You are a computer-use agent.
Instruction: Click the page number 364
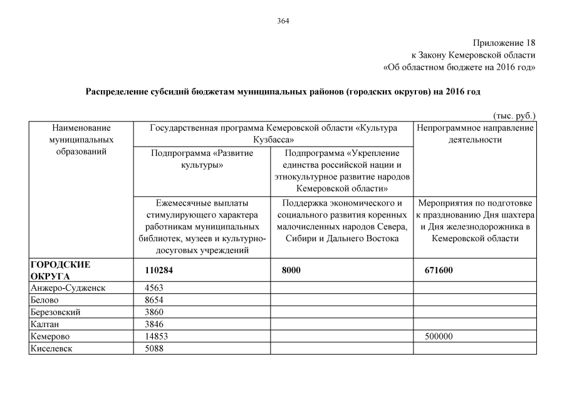(283, 21)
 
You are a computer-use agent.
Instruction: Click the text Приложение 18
(504, 43)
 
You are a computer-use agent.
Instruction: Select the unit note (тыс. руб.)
(514, 115)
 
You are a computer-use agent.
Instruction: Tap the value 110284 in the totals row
(159, 270)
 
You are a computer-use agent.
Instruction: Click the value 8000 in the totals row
(291, 270)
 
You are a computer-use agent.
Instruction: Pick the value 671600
(439, 270)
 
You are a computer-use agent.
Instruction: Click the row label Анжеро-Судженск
(67, 288)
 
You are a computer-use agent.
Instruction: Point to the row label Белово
(44, 300)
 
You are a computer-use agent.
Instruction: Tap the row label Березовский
(55, 312)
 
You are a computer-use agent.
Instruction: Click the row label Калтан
(44, 324)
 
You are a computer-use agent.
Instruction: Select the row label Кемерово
(49, 336)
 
